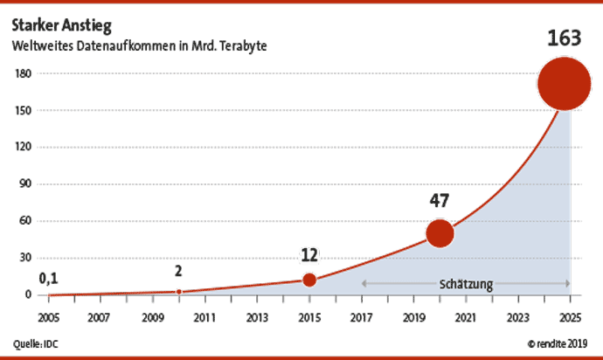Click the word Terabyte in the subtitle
[241, 44]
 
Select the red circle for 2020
[440, 233]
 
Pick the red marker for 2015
[309, 280]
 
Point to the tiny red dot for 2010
[178, 292]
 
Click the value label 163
[565, 39]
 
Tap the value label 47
[439, 200]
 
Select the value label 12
[309, 255]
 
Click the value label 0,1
[49, 279]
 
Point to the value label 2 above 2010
[178, 271]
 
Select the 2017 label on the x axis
[361, 316]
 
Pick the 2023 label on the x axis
[518, 316]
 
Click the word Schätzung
[466, 284]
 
